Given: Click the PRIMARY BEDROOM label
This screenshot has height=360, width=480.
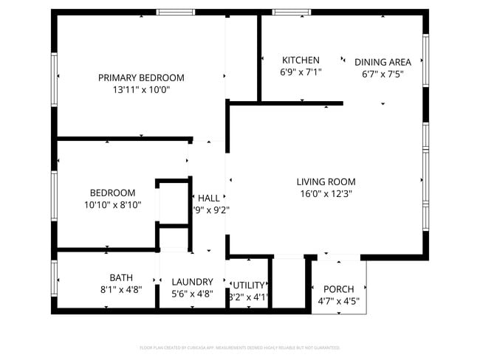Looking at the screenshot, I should [141, 77].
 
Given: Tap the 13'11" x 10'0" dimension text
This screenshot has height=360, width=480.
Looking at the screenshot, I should [141, 90].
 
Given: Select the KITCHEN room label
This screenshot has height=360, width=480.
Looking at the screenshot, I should [301, 60].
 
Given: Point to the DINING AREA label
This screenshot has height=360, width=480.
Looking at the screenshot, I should [383, 62].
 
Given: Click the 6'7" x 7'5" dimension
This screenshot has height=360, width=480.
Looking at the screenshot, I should [383, 75].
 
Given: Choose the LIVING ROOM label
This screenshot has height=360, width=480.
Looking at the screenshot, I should [326, 181].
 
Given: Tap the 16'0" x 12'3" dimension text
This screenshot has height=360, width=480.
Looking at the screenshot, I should [326, 194].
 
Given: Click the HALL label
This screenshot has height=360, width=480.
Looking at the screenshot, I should [209, 198].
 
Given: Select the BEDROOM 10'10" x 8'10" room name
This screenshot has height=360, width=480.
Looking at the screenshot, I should [112, 193].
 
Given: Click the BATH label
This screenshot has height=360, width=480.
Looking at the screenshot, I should [120, 277].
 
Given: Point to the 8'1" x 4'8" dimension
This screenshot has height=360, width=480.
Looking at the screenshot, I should [120, 290].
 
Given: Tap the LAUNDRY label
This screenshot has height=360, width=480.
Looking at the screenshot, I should [192, 282].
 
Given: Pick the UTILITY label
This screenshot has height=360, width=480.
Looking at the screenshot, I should [249, 285].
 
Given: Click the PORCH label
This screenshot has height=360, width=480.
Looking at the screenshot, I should [339, 288].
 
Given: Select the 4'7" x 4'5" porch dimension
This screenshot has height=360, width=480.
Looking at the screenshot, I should [339, 301].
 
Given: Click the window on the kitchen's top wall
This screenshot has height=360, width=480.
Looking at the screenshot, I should [292, 12].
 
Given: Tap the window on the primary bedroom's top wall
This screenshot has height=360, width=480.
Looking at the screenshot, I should [176, 12].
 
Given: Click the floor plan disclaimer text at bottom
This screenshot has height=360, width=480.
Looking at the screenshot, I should [240, 347].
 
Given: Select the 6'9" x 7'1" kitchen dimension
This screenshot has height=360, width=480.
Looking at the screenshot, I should [301, 73].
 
